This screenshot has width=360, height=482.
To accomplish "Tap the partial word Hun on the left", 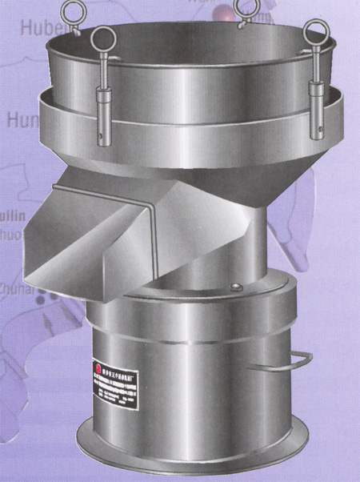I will coord(18,121).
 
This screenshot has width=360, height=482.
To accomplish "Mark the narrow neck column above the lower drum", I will coord(212,240).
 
